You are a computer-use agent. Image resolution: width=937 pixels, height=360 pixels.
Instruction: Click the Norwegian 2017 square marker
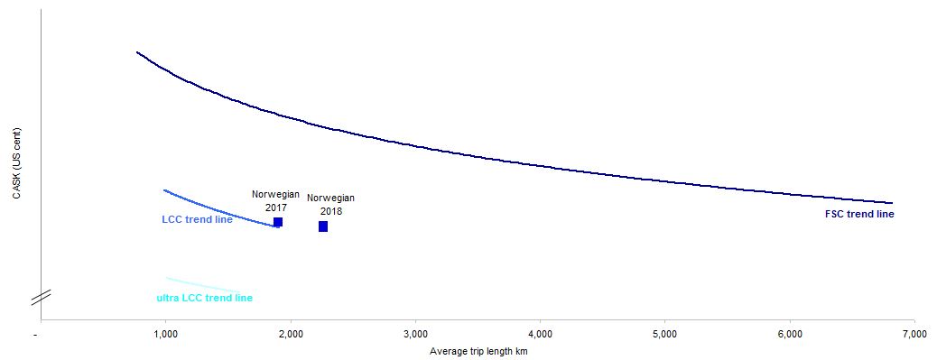tap(278, 222)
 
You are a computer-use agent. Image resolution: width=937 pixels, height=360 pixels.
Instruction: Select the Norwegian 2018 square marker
tap(323, 226)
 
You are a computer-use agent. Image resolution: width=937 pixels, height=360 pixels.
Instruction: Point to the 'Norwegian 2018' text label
tap(331, 205)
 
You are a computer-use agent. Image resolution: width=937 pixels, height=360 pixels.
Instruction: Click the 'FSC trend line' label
tap(859, 215)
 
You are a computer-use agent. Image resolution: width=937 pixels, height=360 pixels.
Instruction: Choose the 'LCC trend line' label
tap(197, 220)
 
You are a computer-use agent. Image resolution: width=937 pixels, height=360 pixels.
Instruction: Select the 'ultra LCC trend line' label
tap(205, 298)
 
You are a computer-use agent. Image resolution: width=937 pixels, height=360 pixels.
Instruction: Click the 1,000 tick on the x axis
tap(165, 335)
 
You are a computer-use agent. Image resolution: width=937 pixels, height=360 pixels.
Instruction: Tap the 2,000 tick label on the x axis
tap(290, 335)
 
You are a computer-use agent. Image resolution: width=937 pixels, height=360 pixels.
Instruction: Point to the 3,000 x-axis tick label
tap(414, 335)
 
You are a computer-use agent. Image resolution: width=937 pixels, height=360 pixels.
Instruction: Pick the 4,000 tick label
tap(540, 335)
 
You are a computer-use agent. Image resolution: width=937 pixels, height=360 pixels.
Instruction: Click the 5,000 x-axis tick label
tap(664, 335)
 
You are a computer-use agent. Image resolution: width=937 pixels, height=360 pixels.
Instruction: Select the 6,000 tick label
tap(790, 335)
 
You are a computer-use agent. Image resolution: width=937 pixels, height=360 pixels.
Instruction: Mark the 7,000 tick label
tap(914, 335)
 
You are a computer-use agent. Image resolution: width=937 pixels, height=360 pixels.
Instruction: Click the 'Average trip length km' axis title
tap(478, 352)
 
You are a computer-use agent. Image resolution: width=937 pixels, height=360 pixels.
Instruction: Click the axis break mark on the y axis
tap(41, 295)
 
